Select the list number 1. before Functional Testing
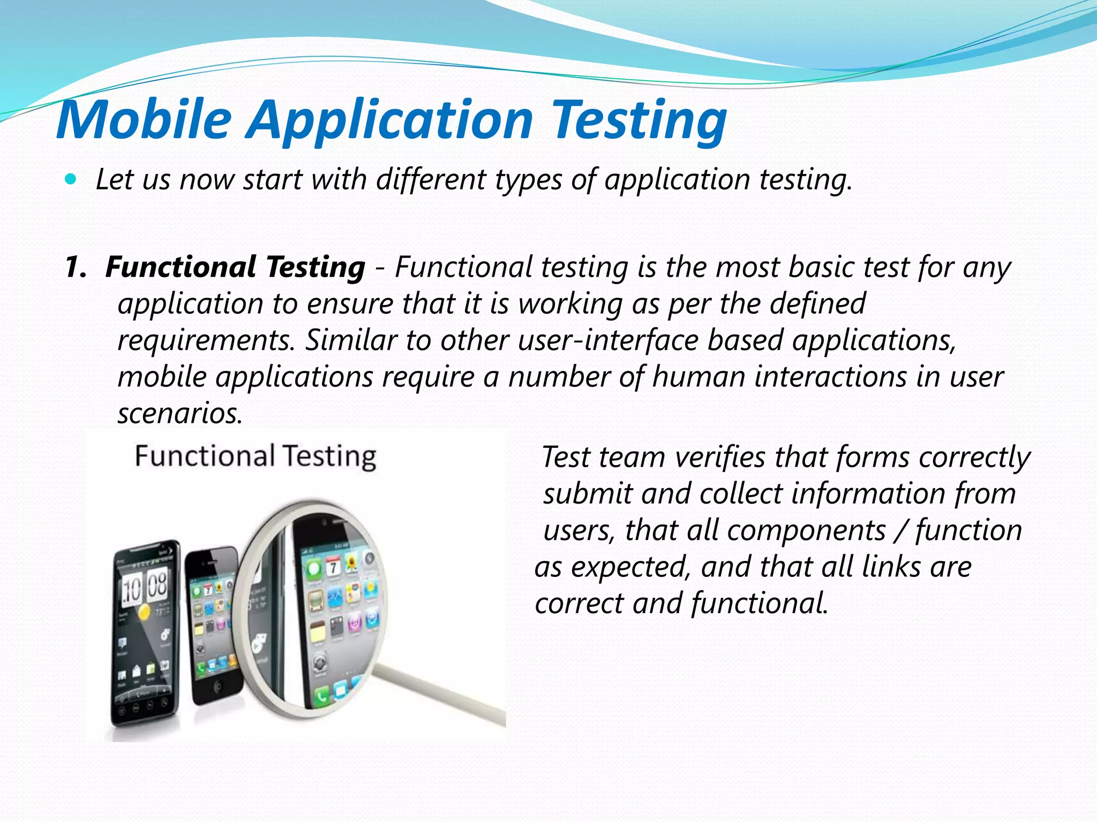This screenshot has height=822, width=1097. tap(76, 267)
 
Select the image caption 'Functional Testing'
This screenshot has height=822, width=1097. tap(255, 456)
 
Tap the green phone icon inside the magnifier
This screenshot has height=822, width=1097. tap(322, 696)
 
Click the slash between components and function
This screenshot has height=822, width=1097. tap(901, 531)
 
